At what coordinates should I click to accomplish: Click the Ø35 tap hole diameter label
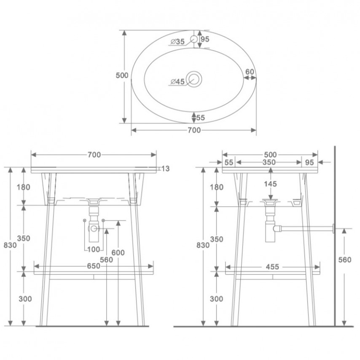point(178,42)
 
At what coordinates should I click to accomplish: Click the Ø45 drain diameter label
point(178,81)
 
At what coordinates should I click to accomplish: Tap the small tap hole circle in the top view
point(194,39)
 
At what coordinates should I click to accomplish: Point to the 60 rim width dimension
point(250,72)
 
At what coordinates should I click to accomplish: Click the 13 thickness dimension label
point(165,169)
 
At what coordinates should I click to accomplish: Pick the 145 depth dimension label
point(271,184)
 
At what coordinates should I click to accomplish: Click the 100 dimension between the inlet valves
point(94,249)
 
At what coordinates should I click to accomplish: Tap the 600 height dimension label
point(118,253)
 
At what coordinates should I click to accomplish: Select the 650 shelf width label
point(94,266)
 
